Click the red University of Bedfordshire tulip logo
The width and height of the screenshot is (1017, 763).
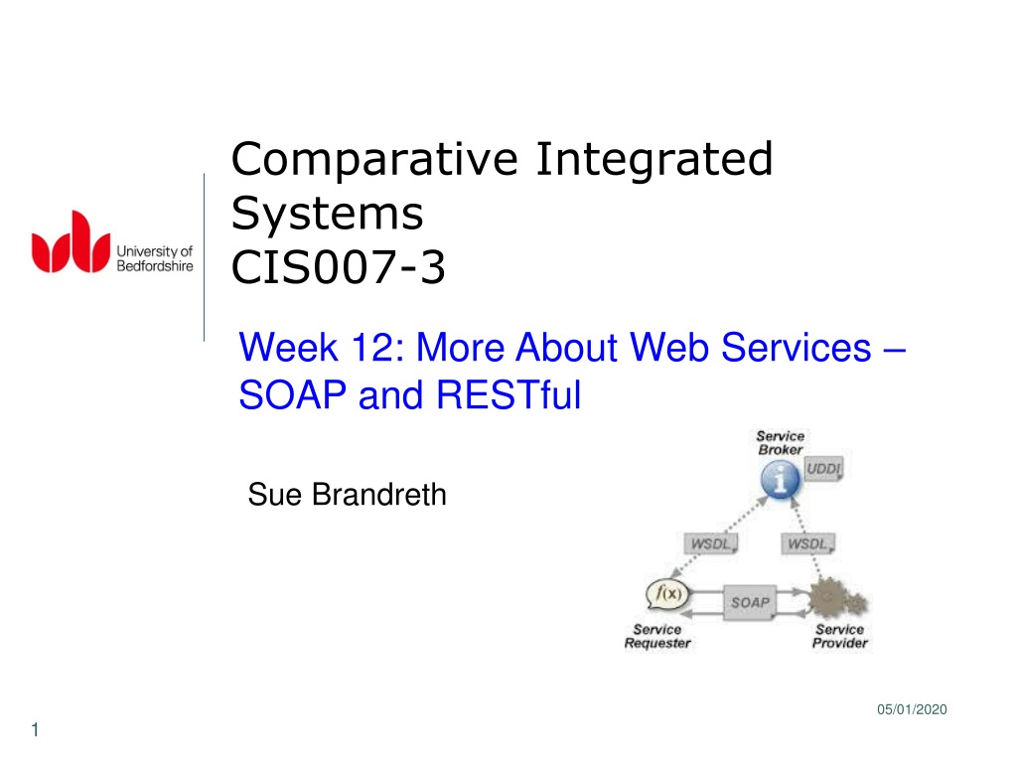coord(71,242)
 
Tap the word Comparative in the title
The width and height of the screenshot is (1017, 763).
coord(374,160)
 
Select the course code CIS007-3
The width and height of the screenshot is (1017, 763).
coord(338,266)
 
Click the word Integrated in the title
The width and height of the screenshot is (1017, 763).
coord(654,160)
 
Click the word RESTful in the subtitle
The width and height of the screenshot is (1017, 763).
coord(508,395)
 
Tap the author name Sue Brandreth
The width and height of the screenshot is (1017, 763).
coord(347,495)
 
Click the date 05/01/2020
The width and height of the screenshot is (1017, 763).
coord(912,709)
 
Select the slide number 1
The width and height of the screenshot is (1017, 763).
coord(35,730)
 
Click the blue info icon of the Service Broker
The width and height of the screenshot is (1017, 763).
coord(780,480)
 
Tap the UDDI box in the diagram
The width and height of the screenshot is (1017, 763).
coord(823,469)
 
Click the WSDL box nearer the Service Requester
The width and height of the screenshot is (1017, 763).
coord(711,543)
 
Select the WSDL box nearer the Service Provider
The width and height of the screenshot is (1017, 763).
coord(807,543)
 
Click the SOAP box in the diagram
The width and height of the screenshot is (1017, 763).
coord(750,603)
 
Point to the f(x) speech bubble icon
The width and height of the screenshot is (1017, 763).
coord(666,594)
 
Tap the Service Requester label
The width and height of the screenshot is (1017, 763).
coord(657,637)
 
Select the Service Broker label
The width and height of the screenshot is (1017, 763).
coord(781,442)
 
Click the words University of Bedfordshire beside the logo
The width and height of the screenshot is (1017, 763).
coord(154,258)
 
